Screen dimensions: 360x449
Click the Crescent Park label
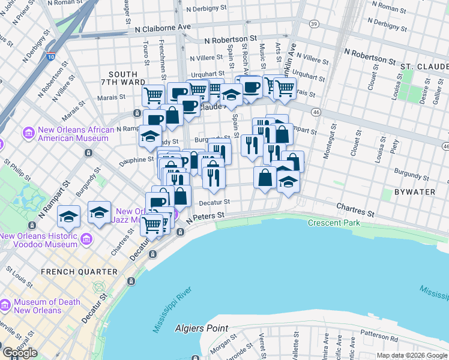337,223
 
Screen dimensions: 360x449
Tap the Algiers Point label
202,328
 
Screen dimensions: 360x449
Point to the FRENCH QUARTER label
79,272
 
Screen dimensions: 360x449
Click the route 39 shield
314,23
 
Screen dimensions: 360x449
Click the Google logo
20,353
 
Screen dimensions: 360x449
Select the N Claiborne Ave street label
163,28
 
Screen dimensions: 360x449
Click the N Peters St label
205,217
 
